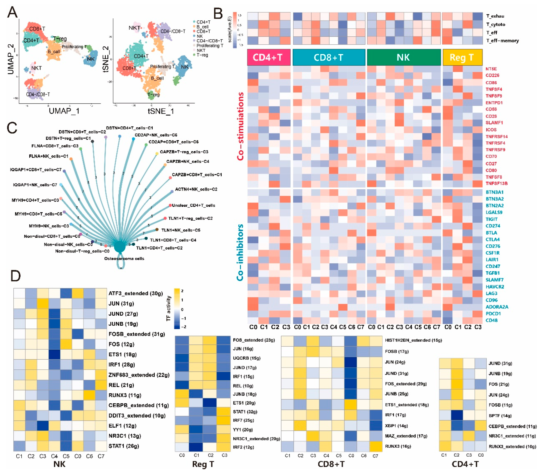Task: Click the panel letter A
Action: [x=12, y=12]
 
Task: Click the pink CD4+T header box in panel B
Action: [x=268, y=57]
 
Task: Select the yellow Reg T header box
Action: [x=462, y=57]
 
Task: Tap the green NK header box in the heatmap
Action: [x=403, y=57]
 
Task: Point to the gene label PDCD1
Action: [x=493, y=313]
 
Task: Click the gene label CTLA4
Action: [x=492, y=239]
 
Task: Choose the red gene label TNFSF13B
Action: [x=496, y=183]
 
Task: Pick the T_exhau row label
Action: [x=495, y=16]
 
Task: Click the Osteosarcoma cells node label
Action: [x=124, y=258]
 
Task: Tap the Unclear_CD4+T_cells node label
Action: [x=194, y=205]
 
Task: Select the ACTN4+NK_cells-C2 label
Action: [x=196, y=189]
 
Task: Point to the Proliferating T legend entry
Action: [x=210, y=46]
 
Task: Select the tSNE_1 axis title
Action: [x=161, y=111]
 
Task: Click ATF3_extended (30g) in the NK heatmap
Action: [x=135, y=293]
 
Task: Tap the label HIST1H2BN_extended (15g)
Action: [x=413, y=340]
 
